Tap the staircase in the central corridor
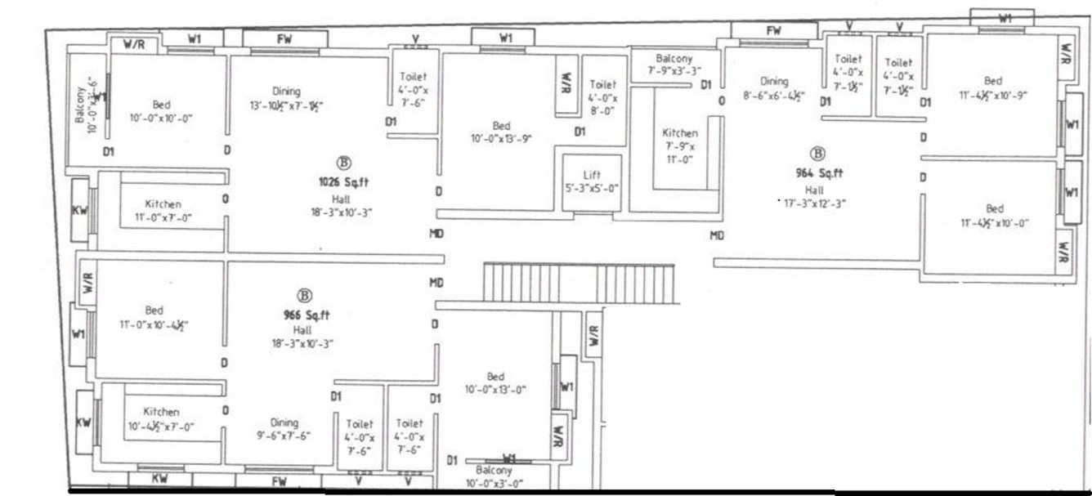point(580,283)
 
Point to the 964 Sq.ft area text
point(818,173)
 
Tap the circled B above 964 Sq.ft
point(817,153)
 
